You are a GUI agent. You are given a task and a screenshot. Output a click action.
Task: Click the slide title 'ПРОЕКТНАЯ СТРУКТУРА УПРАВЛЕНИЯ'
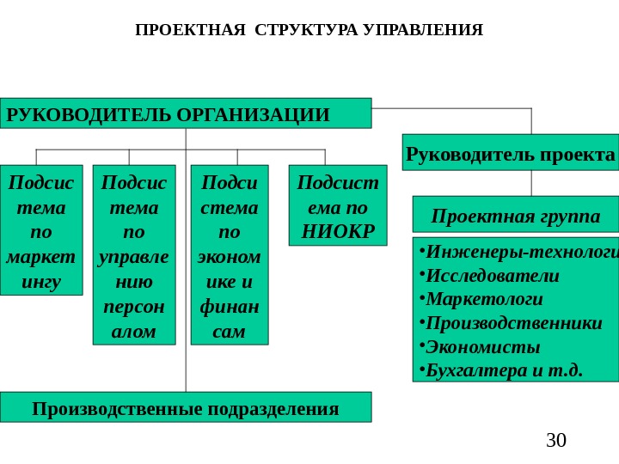click(x=309, y=31)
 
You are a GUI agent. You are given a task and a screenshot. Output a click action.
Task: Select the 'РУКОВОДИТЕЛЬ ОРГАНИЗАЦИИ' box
click(x=186, y=113)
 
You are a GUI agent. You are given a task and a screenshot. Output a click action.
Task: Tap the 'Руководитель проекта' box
click(x=511, y=153)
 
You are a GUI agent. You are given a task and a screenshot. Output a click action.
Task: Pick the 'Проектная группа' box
click(x=516, y=215)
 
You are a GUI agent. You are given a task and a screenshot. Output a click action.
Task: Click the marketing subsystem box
click(x=40, y=230)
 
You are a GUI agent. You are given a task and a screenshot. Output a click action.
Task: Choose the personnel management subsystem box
click(x=133, y=254)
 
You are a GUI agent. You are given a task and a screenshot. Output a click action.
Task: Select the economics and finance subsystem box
click(x=229, y=254)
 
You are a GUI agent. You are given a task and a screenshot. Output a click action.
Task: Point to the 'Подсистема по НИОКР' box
click(x=337, y=205)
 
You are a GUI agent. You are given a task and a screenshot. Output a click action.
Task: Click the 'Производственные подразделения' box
click(x=186, y=407)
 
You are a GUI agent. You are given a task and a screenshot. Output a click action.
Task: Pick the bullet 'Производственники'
click(x=511, y=323)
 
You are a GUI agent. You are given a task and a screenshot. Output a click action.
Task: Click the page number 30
click(x=556, y=441)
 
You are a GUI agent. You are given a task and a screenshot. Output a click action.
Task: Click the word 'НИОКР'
click(x=338, y=231)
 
